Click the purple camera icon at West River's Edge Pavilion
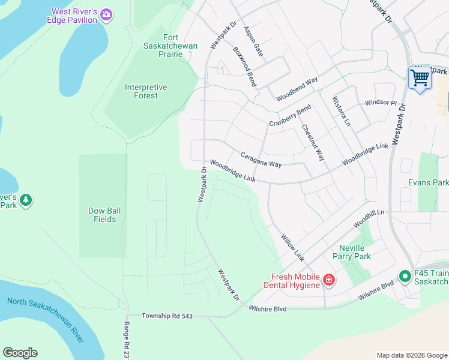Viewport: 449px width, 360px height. [106, 15]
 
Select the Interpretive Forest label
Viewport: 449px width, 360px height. [146, 91]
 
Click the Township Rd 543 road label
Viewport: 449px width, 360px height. [167, 316]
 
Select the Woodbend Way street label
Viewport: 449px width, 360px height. [297, 89]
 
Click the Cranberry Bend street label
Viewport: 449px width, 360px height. [289, 115]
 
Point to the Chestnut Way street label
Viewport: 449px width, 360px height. [313, 142]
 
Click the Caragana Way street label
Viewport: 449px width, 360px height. [261, 160]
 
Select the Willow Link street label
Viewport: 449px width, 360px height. [292, 247]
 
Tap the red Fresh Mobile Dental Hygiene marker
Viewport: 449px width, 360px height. [328, 280]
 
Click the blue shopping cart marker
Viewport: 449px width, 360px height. [420, 77]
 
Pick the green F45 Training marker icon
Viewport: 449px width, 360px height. [405, 277]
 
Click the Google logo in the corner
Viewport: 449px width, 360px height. [20, 353]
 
